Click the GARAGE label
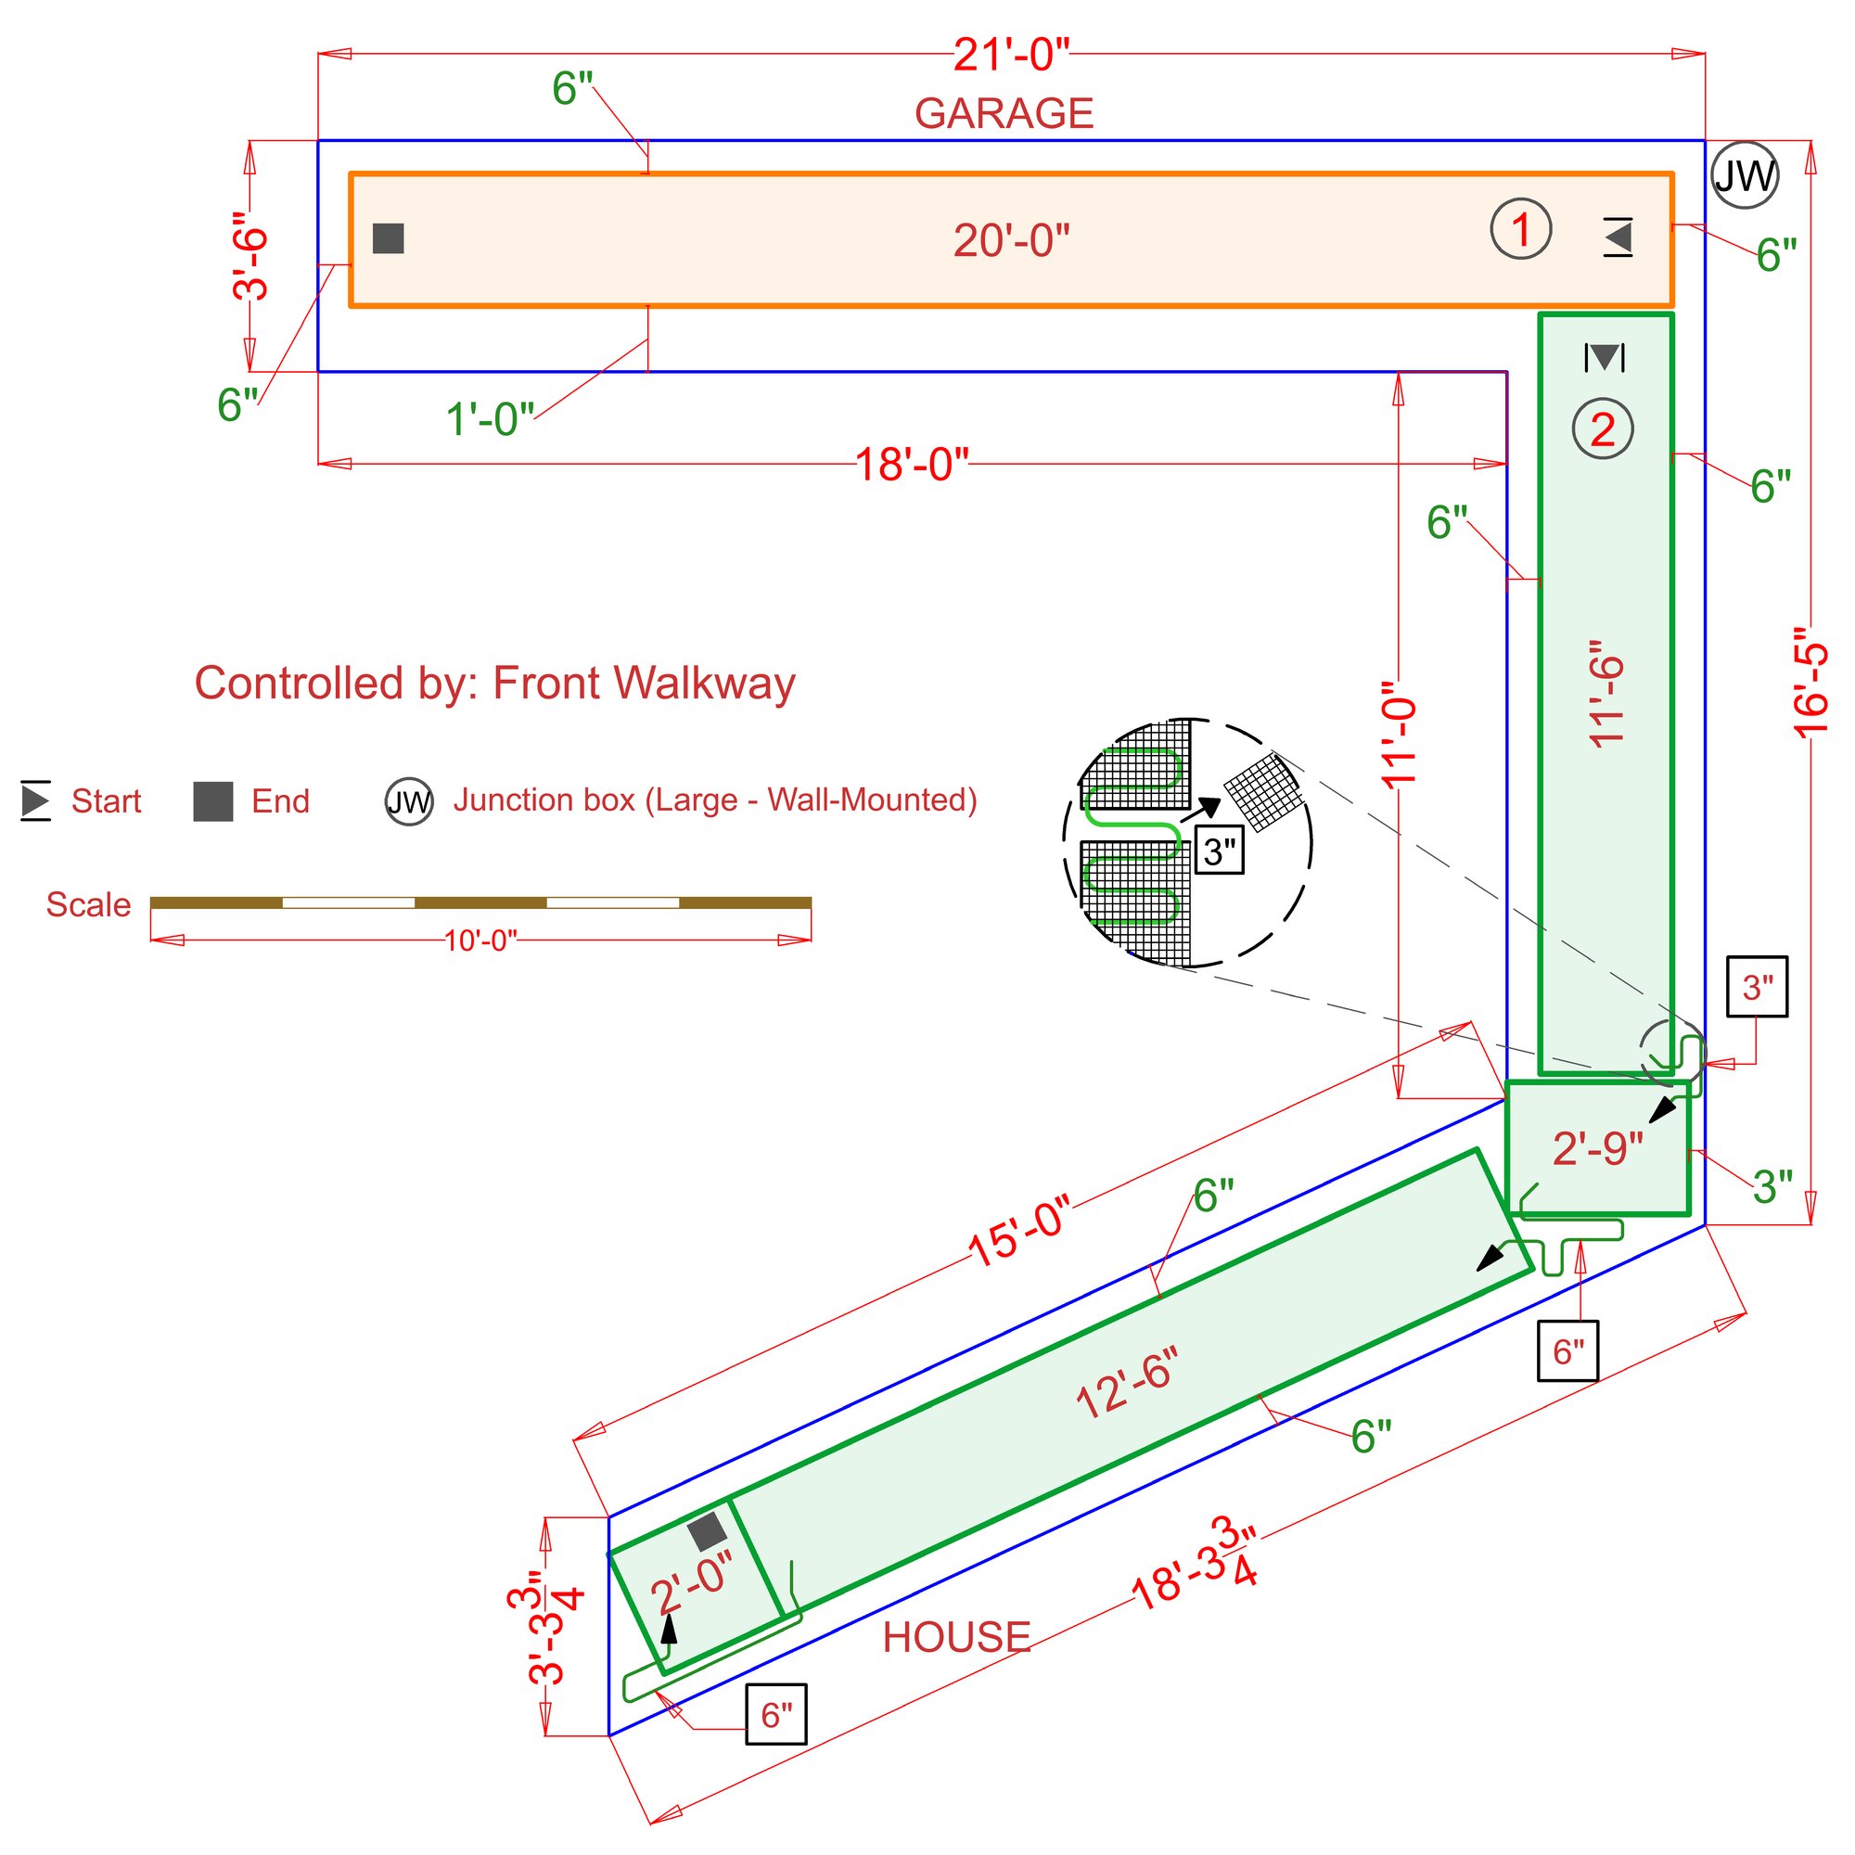(1004, 113)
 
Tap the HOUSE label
(955, 1637)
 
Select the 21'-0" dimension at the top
(1011, 55)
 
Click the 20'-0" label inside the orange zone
(1011, 240)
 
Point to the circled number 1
(1520, 229)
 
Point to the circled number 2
(1602, 429)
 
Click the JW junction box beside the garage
(1745, 175)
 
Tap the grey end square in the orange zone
(388, 238)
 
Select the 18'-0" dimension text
(911, 465)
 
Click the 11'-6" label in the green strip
(1606, 693)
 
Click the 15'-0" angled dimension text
(1017, 1232)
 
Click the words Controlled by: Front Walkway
(494, 684)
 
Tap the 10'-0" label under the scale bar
(480, 940)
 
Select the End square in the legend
(213, 800)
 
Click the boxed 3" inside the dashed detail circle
(1219, 851)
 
